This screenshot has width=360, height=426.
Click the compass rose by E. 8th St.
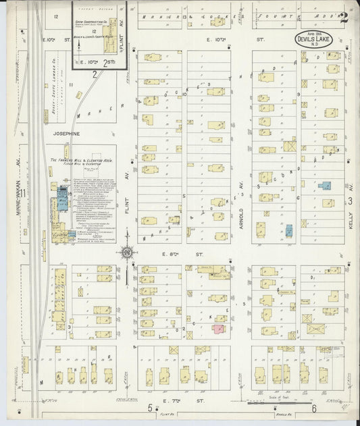(126, 253)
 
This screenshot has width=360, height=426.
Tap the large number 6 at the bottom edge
(314, 408)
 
